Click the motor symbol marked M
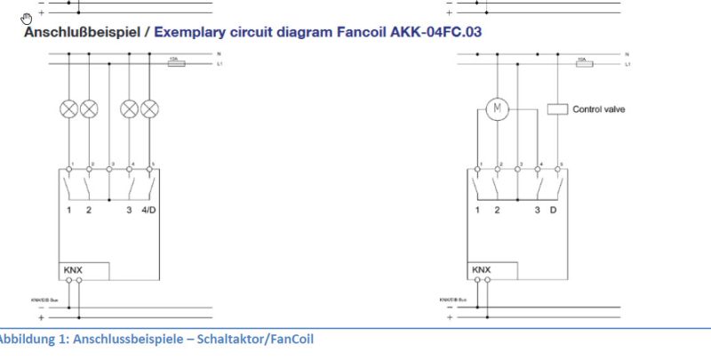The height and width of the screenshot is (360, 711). (497, 109)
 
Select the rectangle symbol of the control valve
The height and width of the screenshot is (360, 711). (557, 109)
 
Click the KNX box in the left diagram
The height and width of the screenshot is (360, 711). (84, 270)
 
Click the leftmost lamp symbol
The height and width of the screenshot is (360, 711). (68, 109)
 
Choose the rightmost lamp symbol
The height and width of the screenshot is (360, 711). (150, 109)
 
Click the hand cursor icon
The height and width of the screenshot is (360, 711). (28, 18)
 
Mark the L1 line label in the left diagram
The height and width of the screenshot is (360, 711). (219, 65)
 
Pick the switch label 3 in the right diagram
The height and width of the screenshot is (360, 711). (537, 210)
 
